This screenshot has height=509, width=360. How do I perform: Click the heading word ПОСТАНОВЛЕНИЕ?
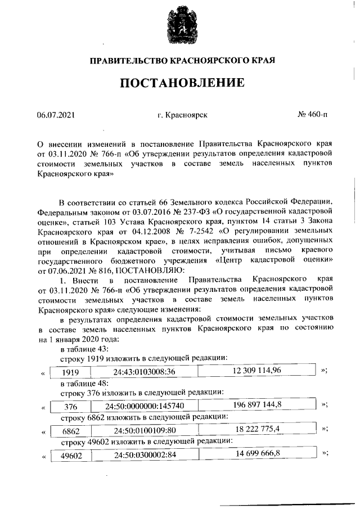[182, 83]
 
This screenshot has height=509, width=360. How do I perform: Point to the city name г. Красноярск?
[183, 115]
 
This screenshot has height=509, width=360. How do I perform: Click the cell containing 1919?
[70, 372]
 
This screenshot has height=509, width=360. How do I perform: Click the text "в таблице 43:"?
[80, 349]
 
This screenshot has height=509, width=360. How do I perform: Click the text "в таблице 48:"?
[80, 383]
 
